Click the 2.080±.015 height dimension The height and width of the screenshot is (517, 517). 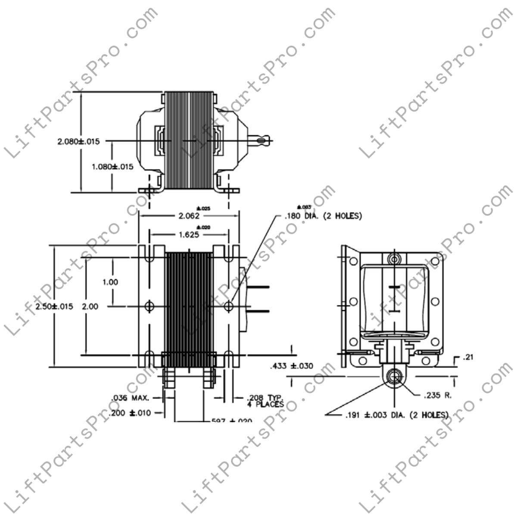coord(78,141)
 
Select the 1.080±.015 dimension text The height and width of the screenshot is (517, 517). coord(112,167)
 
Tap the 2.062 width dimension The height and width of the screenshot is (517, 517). coord(189,216)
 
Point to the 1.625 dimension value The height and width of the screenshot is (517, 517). coord(189,235)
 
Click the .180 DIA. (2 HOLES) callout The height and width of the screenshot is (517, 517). coord(323,216)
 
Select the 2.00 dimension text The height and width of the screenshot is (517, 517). coord(90,306)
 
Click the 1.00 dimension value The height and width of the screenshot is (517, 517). coord(110,282)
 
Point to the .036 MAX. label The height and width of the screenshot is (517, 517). coord(130,398)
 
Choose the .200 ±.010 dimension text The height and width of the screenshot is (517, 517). coord(130,413)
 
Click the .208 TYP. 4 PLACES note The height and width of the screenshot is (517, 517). coord(265,401)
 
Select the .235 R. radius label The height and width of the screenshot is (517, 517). coord(438,395)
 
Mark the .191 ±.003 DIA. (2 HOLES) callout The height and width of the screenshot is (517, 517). coord(396,415)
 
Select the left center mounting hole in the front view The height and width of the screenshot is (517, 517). coord(149,306)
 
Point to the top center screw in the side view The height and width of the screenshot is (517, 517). coord(393,259)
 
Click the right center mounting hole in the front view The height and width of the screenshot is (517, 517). coord(229,306)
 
